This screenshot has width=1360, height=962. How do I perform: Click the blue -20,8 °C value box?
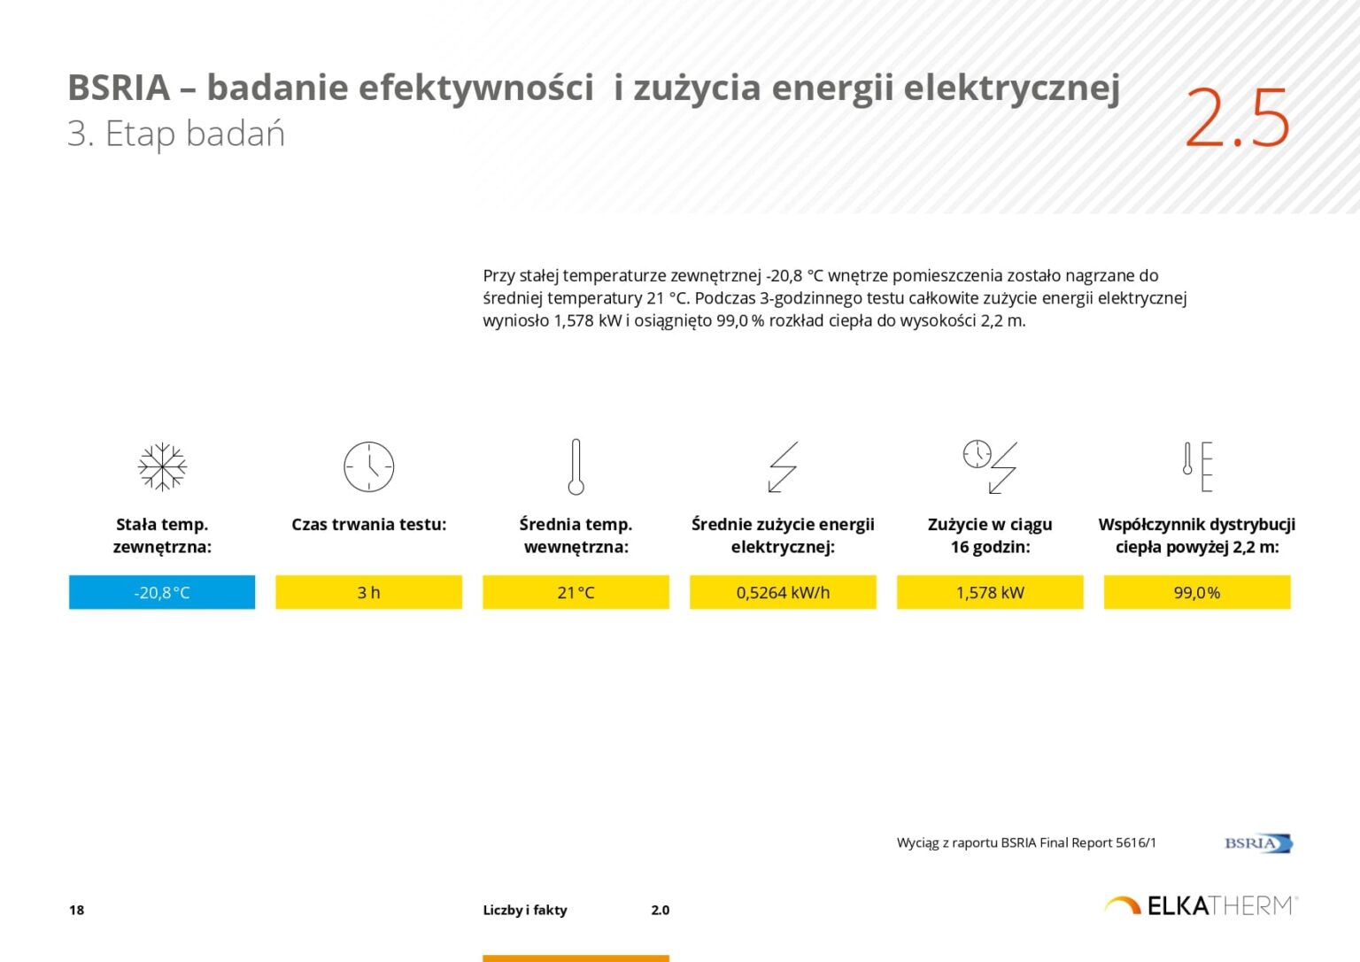coord(162,592)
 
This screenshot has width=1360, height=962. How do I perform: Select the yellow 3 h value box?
coord(368,592)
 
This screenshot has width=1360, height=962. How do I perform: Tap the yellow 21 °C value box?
coord(576,592)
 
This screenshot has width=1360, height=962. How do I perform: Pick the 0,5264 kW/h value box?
coord(783,592)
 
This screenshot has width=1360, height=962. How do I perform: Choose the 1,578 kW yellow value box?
coord(990,592)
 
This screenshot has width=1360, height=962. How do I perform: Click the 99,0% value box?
coord(1196,592)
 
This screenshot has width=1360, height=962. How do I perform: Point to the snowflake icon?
coord(162,466)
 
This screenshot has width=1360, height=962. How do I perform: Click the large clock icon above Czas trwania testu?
coord(368,466)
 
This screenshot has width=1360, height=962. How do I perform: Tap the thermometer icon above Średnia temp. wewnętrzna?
coord(576,466)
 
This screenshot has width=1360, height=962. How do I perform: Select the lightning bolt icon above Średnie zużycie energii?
coord(783,466)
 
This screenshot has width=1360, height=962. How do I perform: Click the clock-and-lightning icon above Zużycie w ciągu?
coord(990,466)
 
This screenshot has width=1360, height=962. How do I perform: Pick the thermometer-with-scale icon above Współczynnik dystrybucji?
coord(1197,466)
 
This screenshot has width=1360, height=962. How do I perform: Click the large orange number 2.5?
coord(1236,118)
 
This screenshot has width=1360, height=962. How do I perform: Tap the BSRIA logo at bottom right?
coord(1258,843)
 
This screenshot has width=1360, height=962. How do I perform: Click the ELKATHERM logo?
coord(1201,905)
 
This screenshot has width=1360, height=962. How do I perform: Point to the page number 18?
coord(77,910)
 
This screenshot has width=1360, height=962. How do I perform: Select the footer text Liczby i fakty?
coord(525,910)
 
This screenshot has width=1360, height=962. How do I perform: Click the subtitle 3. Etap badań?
coord(176,135)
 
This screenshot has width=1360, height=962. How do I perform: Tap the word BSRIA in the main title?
coord(119,88)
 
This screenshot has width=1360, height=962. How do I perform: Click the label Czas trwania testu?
coord(368,525)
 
